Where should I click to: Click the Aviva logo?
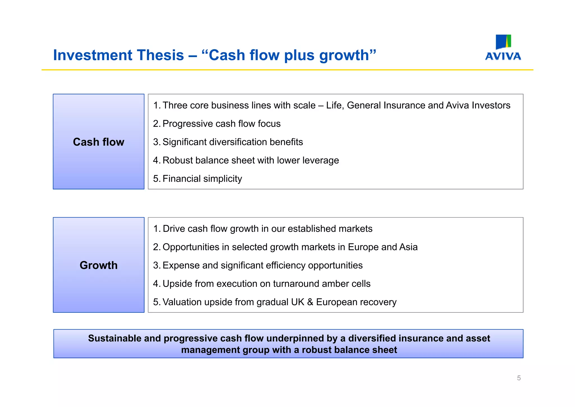(503, 48)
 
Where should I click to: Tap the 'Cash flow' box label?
(99, 142)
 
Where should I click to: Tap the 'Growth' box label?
(99, 265)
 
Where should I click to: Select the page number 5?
(519, 378)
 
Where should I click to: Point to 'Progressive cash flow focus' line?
(221, 124)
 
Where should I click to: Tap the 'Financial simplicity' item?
(202, 179)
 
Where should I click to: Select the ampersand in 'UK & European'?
(310, 302)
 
